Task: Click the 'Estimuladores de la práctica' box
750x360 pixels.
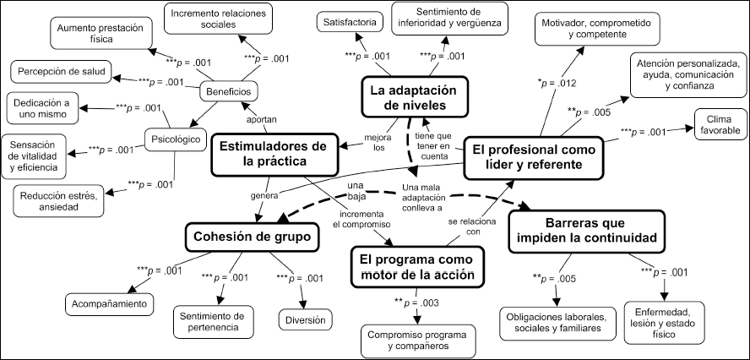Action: pyautogui.click(x=267, y=154)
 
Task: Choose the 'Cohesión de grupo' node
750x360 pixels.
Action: pyautogui.click(x=255, y=237)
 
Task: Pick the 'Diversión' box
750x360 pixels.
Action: pyautogui.click(x=303, y=320)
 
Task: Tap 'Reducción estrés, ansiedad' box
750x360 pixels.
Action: pyautogui.click(x=56, y=203)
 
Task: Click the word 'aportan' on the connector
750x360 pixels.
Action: pyautogui.click(x=261, y=119)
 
